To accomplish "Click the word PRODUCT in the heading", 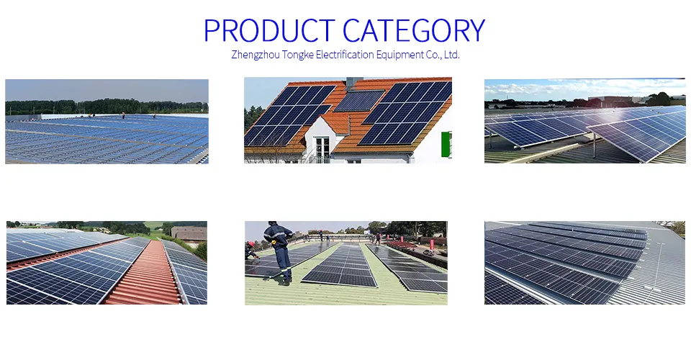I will (x=270, y=30).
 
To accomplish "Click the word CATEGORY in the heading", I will (x=414, y=30).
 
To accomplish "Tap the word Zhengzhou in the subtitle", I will (x=257, y=55).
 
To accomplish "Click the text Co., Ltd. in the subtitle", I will (x=443, y=55).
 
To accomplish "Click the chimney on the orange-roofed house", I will (x=350, y=83).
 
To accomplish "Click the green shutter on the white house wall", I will (x=447, y=144).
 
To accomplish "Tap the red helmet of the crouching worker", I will (x=251, y=245).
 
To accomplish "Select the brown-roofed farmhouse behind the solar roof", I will (x=189, y=233).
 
